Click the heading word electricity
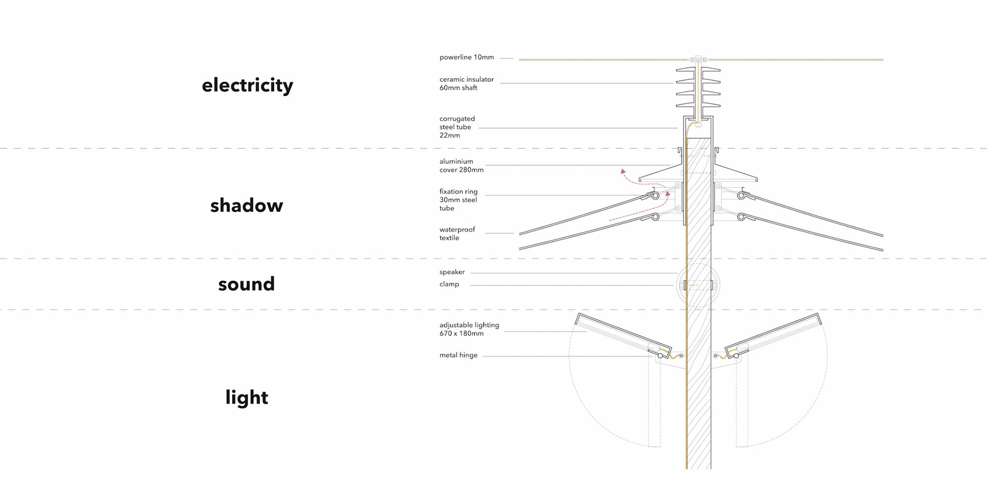click(x=247, y=85)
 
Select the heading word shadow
click(x=246, y=205)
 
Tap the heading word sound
click(x=246, y=284)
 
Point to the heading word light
click(x=247, y=397)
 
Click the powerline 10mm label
click(x=466, y=57)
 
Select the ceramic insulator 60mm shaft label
click(x=466, y=83)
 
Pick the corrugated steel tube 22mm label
click(x=457, y=127)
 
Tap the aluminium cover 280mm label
click(x=461, y=166)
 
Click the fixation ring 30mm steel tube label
click(x=458, y=200)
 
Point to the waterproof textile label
click(x=457, y=234)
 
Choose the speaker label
click(x=452, y=272)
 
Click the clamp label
click(x=449, y=284)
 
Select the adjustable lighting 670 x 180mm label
click(x=469, y=329)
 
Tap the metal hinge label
click(x=458, y=355)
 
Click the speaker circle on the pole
click(x=698, y=285)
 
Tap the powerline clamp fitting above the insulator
click(x=698, y=59)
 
